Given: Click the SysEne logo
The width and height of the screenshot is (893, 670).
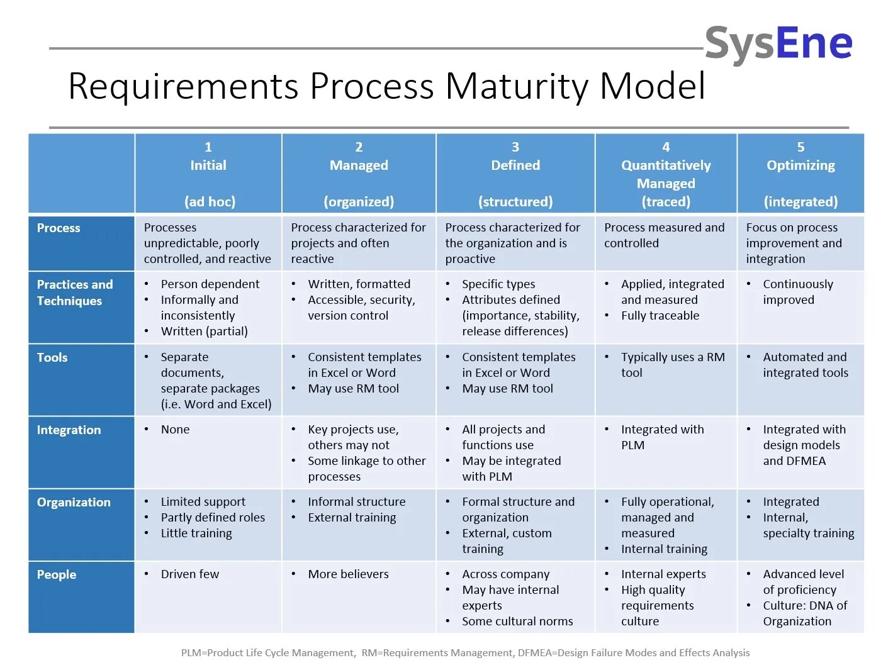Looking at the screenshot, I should (778, 43).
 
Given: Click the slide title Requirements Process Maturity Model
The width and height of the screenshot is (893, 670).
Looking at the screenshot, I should (386, 86).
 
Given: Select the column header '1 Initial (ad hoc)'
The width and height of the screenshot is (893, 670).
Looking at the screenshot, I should (208, 174).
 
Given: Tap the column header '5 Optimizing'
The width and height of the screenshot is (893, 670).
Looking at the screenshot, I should (800, 174).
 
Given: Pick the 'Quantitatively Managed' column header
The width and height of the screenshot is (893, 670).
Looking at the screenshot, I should (666, 174).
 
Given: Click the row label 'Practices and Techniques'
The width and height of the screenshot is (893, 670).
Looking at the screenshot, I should (75, 293).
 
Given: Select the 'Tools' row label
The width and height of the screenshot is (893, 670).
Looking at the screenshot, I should (52, 357).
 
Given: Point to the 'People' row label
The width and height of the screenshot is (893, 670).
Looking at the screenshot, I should (57, 574).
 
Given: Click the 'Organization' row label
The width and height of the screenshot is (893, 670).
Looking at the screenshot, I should (74, 502).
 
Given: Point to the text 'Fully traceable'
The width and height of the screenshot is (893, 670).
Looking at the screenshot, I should (660, 315).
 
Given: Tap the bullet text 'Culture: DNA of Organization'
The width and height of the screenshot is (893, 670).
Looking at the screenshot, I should (804, 613).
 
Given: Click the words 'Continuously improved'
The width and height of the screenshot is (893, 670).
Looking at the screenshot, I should (797, 292).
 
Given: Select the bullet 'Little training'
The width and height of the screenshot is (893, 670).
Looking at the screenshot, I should (196, 533).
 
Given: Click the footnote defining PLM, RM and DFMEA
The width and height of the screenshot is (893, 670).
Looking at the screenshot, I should (465, 652).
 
